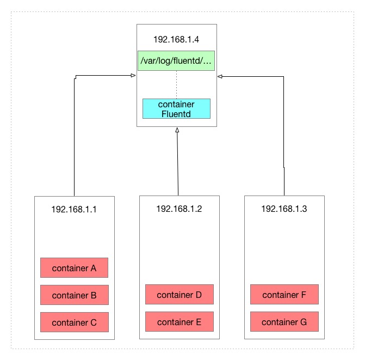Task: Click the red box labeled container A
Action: [74, 268]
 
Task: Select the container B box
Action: [74, 295]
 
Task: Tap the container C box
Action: [74, 322]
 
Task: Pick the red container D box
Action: [179, 295]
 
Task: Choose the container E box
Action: [179, 322]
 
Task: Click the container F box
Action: [284, 295]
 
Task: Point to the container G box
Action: [284, 322]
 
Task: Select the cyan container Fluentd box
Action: [176, 109]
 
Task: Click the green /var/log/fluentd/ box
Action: [176, 61]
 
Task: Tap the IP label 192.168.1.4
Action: [176, 39]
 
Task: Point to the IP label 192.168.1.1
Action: [74, 209]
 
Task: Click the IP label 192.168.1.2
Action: [179, 209]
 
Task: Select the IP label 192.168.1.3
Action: [284, 209]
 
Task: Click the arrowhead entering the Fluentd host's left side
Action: [133, 76]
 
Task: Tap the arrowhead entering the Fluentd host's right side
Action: [220, 77]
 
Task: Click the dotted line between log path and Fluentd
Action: [176, 84]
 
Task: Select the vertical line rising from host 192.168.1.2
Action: [177, 163]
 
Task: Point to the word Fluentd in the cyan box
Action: [176, 113]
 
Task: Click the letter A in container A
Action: [93, 268]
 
